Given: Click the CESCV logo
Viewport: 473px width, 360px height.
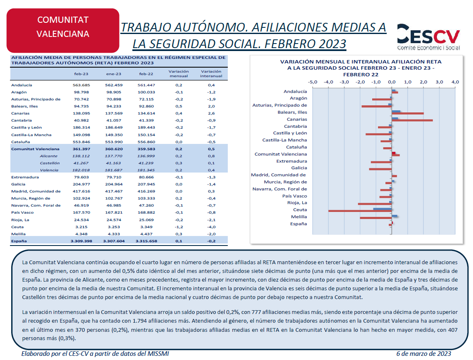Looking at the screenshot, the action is coord(428,37).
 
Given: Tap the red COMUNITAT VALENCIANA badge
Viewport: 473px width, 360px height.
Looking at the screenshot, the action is coord(63,30).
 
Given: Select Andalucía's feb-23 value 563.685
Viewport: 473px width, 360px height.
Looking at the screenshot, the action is coord(81,85).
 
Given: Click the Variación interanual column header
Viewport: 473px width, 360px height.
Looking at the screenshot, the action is coord(211,73).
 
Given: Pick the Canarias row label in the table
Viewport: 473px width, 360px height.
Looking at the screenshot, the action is coord(20,113).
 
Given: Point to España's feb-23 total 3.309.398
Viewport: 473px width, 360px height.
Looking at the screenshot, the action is coord(81,241).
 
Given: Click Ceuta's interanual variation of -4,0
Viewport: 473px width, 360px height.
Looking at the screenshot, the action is coord(211,227).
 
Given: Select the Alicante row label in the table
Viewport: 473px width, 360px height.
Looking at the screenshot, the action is coord(49,156).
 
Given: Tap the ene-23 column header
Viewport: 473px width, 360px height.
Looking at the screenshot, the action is coord(114,74).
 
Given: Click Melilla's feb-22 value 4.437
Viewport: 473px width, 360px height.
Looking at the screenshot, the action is coord(146,234).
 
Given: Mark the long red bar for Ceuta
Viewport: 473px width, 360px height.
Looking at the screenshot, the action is coord(360,211).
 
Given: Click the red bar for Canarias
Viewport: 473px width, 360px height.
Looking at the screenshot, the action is coord(412,120).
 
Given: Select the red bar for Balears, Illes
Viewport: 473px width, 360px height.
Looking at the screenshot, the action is coord(407,113).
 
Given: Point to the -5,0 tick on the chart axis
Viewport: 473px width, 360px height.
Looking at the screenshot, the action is coord(312,82).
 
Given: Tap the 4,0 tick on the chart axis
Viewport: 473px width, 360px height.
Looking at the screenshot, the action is coord(455,82).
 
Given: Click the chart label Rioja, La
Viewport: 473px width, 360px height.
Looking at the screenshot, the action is coord(297,203).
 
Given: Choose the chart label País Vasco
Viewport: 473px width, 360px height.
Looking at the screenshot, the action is coord(295,196).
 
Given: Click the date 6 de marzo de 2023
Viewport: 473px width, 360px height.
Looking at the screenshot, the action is coord(424,354).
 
